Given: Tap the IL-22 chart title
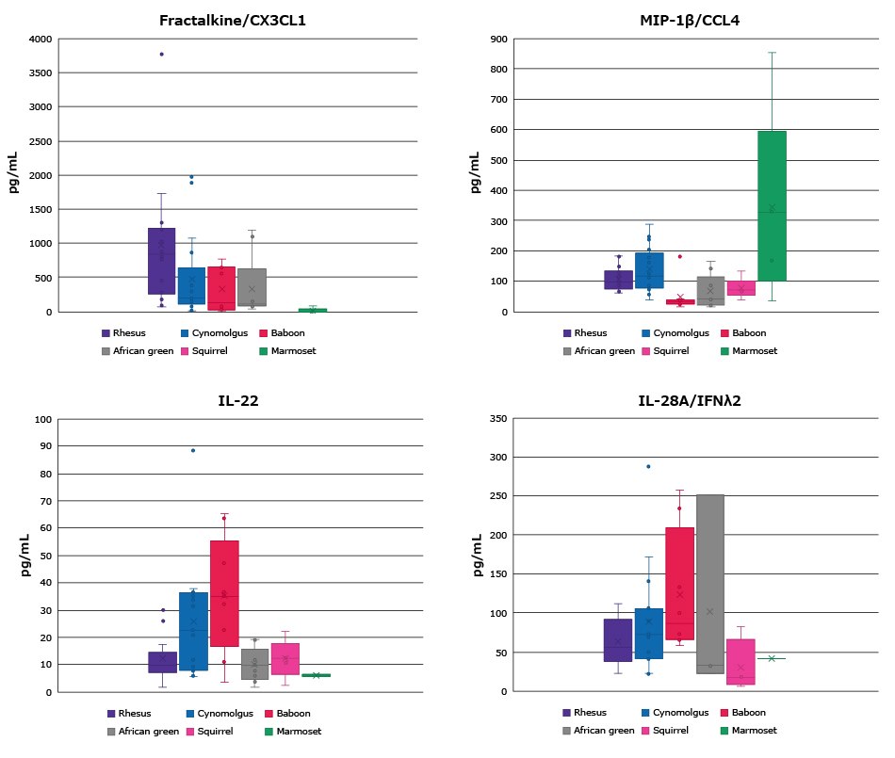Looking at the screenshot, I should [238, 399].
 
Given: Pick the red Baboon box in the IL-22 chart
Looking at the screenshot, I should [224, 593].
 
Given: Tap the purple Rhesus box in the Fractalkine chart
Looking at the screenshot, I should [161, 261].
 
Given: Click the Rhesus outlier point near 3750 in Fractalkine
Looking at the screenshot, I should [161, 55].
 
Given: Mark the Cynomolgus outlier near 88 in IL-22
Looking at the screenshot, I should [193, 450].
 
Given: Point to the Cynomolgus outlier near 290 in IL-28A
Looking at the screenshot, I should [648, 466].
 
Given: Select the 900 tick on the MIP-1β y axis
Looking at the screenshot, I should [499, 39].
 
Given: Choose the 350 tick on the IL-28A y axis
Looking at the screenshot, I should [499, 418].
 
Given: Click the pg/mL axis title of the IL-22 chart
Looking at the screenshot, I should [15, 555].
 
